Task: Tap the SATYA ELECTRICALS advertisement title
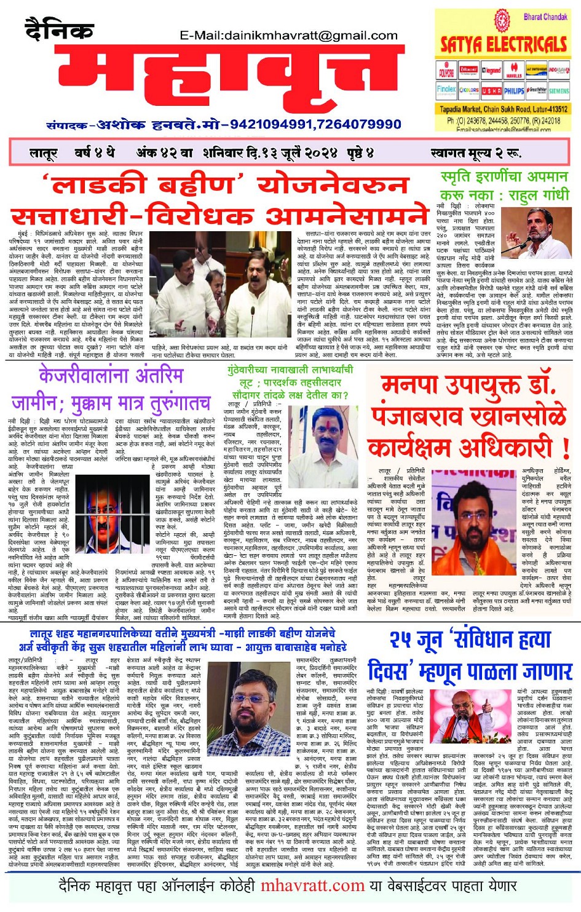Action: coord(504,44)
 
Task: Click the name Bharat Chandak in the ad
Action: coord(545,17)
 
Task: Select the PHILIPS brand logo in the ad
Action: coord(514,91)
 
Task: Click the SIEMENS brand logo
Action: coord(559,91)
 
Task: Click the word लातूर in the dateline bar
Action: coord(44,153)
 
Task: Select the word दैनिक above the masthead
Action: coord(59,29)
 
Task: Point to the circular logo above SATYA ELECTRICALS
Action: coord(503,21)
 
